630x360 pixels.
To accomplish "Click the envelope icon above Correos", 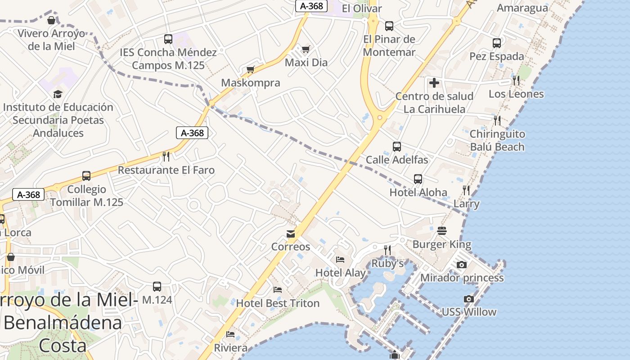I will click(291, 234).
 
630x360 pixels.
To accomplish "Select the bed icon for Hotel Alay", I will click(340, 260).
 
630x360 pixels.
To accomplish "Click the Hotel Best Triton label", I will click(278, 303).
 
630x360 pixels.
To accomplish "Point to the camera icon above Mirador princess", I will click(462, 265).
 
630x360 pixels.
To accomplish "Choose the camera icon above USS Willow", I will click(469, 299).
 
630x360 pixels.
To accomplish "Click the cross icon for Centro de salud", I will click(434, 83).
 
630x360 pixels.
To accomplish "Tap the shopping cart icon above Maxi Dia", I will click(306, 49).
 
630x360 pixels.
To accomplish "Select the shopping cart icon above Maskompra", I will click(251, 69).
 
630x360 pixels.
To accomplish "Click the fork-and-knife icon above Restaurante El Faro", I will click(166, 157).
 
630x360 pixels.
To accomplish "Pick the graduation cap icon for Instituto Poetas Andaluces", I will click(58, 94).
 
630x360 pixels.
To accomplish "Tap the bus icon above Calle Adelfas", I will click(397, 147).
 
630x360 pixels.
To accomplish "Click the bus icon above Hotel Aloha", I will click(418, 179).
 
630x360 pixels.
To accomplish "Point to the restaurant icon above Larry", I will click(466, 190).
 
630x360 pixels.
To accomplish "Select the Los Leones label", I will click(516, 94).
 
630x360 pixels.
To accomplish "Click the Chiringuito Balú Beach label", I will click(497, 140).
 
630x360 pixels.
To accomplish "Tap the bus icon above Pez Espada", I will click(497, 43).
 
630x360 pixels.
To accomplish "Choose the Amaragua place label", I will click(522, 8).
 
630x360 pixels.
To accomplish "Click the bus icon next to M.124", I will click(157, 287).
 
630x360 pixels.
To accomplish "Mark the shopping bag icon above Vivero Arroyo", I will click(52, 20).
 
